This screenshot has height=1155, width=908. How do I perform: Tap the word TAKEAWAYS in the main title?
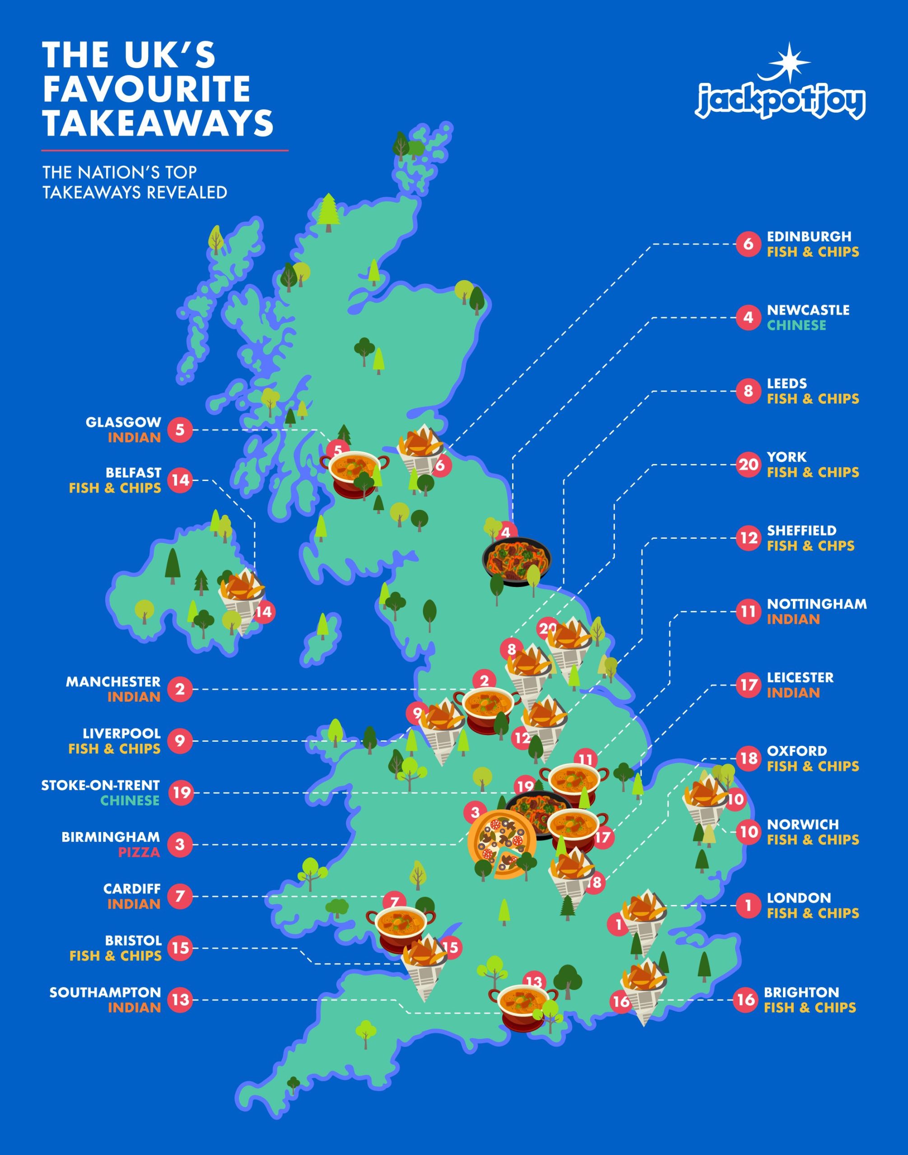point(158,123)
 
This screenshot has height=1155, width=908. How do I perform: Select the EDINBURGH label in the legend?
point(809,236)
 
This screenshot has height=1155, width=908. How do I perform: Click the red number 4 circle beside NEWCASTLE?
point(748,318)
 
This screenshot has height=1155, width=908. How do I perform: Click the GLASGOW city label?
point(123,422)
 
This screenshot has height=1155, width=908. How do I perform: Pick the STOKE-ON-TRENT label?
point(101,785)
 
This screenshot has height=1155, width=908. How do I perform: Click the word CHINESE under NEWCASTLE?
point(796,325)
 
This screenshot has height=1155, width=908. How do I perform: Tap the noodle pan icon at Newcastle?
point(517,560)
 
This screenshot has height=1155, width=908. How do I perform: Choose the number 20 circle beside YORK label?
point(748,465)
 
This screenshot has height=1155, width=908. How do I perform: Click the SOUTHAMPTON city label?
point(105,993)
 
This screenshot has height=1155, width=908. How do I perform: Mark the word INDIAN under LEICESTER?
point(793,693)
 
